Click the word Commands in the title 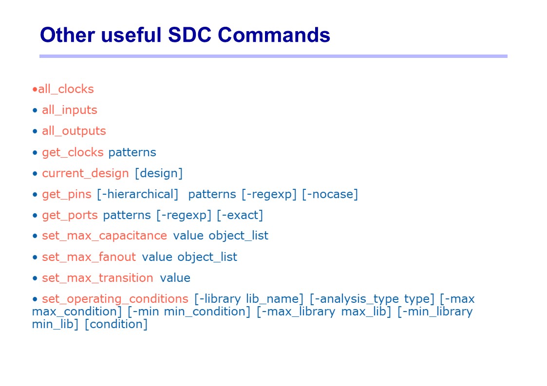274,35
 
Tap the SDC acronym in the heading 189,35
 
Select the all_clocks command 66,89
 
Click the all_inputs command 70,110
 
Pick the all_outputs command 74,131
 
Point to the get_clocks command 73,152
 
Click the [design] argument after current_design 159,173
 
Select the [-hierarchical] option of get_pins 137,194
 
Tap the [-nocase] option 330,194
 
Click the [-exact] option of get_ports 240,215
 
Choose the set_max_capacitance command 104,236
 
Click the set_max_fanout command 89,257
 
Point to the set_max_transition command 97,278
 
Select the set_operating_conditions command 115,299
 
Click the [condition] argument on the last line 116,324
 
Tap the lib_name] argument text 275,299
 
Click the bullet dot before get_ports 35,216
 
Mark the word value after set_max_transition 175,278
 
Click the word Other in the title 68,35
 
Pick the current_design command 85,173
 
